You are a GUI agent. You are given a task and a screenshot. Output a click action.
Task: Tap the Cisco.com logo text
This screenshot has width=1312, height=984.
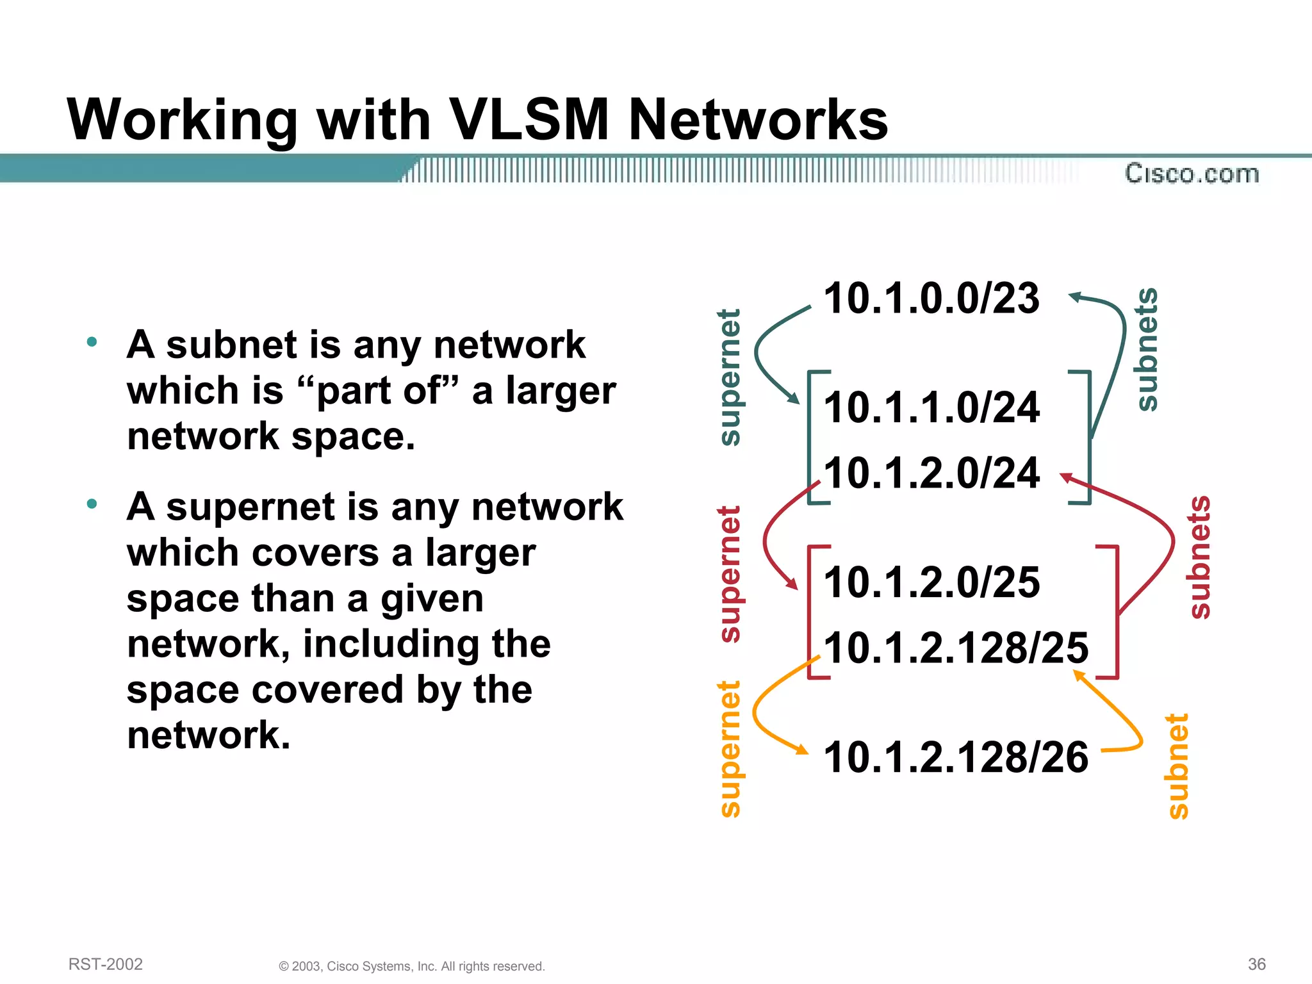pos(1192,174)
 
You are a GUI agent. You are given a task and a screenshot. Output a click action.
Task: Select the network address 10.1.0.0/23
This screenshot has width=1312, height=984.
pos(931,299)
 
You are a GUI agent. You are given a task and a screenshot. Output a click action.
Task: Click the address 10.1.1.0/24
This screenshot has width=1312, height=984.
pos(931,407)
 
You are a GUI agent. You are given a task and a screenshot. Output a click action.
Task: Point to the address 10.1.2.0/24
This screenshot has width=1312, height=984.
pos(931,473)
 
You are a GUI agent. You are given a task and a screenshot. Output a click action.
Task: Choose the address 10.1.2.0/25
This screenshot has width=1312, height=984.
pos(931,582)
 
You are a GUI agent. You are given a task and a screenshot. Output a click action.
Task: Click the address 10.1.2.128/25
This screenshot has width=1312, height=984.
pos(955,648)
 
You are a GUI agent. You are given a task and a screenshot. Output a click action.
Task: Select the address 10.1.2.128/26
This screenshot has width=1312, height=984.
pos(955,757)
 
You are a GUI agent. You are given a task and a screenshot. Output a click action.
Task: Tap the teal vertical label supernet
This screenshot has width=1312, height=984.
pos(730,377)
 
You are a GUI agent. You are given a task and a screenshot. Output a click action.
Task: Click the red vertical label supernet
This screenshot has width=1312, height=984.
pos(730,574)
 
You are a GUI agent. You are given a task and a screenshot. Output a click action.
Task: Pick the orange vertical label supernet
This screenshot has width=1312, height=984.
pos(730,749)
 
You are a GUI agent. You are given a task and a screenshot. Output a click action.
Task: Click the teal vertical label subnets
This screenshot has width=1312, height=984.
pos(1147,349)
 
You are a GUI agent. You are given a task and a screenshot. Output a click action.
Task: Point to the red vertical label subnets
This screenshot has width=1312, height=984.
pos(1199,557)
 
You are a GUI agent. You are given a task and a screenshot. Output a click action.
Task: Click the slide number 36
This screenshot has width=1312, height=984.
pos(1256,964)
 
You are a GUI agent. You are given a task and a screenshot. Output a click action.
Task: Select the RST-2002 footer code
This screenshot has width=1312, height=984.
pos(106,964)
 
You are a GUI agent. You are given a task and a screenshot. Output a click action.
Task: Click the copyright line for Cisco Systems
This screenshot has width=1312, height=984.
pos(412,966)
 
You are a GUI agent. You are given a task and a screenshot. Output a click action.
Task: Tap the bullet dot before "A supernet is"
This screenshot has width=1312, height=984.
pos(92,504)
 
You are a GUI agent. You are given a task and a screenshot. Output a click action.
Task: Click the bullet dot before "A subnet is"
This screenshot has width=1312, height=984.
pos(92,342)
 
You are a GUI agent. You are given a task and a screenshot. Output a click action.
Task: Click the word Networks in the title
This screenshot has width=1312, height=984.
pos(758,120)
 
